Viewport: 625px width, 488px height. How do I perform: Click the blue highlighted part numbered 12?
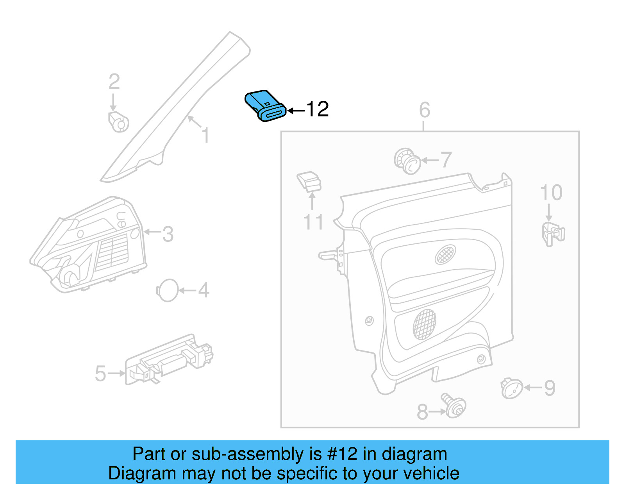[264, 106]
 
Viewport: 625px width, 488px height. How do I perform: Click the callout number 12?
[318, 109]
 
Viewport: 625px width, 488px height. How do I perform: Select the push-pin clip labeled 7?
[407, 161]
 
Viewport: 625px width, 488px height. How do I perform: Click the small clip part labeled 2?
[118, 122]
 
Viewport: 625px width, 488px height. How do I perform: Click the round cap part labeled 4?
[168, 290]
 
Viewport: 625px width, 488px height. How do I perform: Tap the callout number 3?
[168, 234]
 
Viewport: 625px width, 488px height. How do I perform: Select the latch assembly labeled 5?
[169, 360]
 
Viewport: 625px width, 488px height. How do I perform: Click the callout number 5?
[100, 374]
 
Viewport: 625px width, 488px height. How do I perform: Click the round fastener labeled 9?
[512, 388]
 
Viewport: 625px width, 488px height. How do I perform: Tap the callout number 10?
[551, 193]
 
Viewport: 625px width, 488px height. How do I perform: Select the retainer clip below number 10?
[553, 234]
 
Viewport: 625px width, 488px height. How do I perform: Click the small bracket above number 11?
[309, 181]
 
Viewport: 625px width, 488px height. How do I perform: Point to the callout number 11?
[313, 222]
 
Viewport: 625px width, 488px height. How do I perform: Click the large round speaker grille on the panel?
[425, 324]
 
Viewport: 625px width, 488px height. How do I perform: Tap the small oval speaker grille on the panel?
[445, 255]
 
